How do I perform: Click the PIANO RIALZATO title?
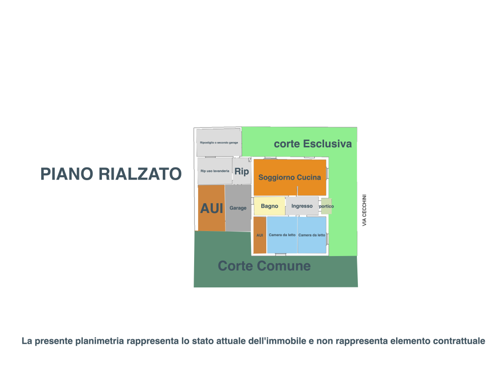111,174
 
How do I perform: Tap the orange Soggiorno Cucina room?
290,177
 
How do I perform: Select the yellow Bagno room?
269,206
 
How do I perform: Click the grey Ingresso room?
302,206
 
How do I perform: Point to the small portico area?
326,206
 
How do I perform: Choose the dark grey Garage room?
238,208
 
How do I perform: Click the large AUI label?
211,209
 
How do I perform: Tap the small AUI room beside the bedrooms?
260,235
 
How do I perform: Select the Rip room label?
242,172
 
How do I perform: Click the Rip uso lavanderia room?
215,171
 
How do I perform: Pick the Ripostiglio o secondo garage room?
219,142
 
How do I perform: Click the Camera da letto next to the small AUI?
282,235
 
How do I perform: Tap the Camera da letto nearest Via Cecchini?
312,235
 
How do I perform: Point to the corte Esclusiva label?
313,144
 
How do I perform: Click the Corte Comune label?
264,266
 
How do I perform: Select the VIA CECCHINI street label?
364,211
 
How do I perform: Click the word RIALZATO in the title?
140,174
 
